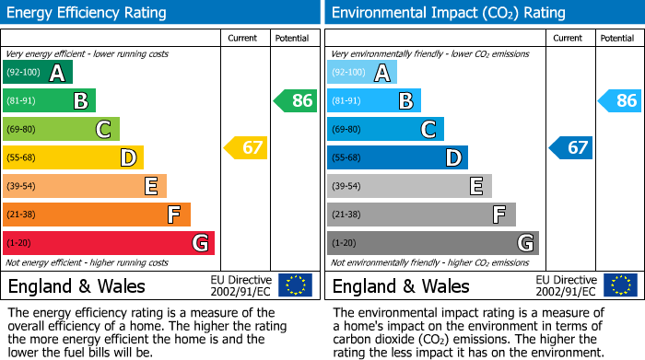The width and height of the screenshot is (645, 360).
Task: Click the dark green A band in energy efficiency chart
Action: tap(38, 73)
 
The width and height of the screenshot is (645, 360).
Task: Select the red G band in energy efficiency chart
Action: tap(109, 243)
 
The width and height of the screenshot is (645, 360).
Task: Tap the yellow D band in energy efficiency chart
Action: tap(73, 157)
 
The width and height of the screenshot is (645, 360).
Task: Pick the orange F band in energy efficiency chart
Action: tap(97, 215)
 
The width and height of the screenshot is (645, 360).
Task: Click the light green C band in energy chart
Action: tap(61, 129)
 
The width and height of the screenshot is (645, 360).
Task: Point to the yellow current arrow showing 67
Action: tap(246, 147)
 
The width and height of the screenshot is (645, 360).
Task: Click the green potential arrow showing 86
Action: tap(296, 100)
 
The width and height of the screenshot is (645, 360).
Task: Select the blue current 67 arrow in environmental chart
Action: tap(570, 147)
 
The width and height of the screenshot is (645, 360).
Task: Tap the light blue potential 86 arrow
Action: tap(620, 100)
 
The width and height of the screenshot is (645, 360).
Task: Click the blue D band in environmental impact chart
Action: tap(397, 157)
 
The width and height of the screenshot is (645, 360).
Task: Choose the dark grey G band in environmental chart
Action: tap(432, 243)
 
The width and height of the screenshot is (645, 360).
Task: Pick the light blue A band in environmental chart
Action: tap(362, 73)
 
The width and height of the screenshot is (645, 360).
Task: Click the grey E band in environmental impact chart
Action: tap(409, 186)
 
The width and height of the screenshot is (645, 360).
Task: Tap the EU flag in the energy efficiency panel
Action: tap(295, 285)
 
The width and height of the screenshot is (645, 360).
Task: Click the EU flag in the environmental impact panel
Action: tap(619, 285)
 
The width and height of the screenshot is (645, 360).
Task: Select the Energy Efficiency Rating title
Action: tap(88, 13)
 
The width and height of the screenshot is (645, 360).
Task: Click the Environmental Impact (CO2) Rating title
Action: tap(448, 13)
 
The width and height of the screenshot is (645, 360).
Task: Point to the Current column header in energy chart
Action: tap(244, 38)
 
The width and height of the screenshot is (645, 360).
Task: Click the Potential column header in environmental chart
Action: tap(616, 38)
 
